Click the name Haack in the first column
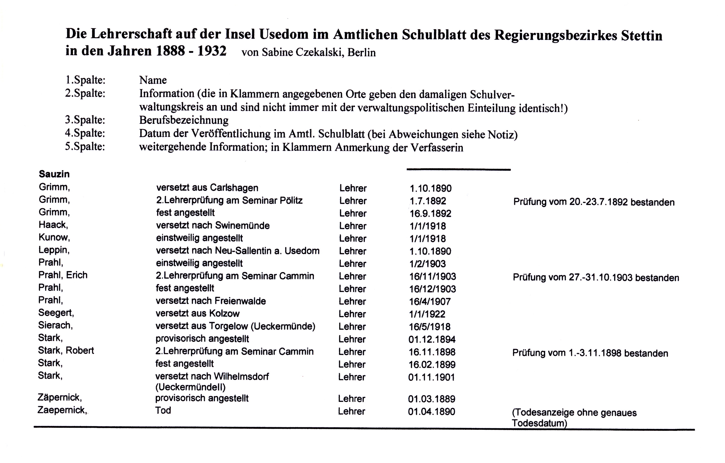(53, 225)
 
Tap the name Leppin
(54, 250)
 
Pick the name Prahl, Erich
(63, 275)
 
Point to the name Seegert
(56, 313)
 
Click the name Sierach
(55, 325)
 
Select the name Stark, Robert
(66, 351)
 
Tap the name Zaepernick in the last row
(62, 410)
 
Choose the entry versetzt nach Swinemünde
(213, 226)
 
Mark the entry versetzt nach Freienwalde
(211, 301)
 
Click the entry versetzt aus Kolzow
(197, 314)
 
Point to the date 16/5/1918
(430, 327)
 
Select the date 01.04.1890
(431, 412)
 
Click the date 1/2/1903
(427, 264)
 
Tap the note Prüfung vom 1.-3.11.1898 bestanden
(590, 353)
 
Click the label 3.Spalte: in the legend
(85, 120)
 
